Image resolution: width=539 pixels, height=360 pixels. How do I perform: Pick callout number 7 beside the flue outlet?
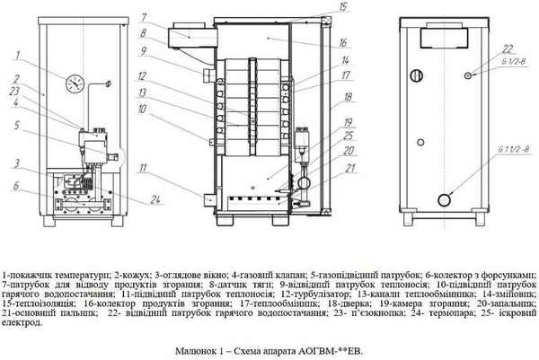click(168, 17)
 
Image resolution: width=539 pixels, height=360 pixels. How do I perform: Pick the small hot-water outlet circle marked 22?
click(468, 76)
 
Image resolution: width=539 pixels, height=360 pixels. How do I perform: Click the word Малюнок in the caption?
click(194, 347)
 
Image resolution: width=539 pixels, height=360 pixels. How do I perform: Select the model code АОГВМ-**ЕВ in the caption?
click(326, 347)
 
